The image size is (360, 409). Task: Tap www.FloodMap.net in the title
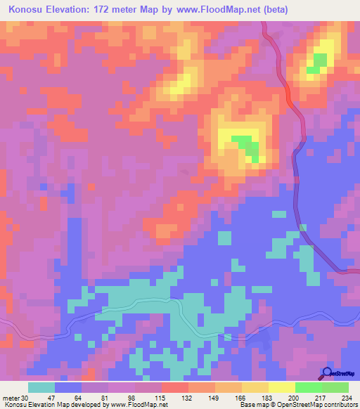[215, 10]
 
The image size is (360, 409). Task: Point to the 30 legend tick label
[27, 397]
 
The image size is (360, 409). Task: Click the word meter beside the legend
[11, 397]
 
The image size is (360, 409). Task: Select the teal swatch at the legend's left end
[41, 387]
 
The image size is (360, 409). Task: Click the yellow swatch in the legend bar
[282, 387]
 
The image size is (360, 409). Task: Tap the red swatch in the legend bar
[174, 387]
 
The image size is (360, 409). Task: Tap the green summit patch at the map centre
[246, 145]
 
